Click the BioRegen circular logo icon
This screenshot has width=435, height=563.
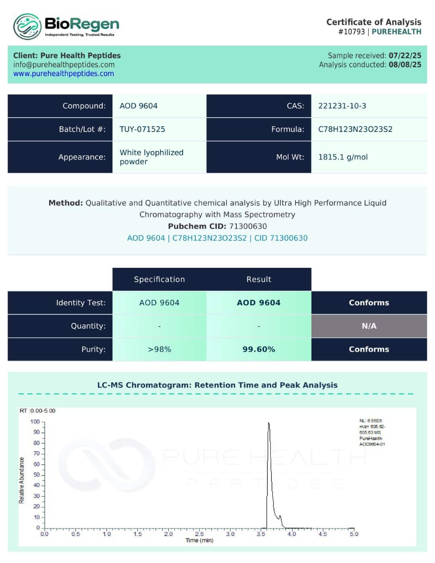pos(27,27)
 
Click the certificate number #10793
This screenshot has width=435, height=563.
pos(351,32)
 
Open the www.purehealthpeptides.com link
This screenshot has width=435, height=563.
pos(64,74)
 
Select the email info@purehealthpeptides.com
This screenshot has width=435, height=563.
pos(64,64)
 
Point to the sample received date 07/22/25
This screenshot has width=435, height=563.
pos(405,56)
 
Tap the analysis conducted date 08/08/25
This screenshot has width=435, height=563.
pos(405,64)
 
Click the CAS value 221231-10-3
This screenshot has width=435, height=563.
pos(342,106)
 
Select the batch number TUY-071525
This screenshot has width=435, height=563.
pos(142,129)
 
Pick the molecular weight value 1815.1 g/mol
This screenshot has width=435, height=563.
pos(343,157)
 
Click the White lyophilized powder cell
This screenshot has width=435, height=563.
pos(151,157)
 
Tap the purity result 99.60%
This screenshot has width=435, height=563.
pos(259,349)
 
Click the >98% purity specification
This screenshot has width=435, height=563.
pos(159,349)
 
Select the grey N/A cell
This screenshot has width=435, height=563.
pos(369,326)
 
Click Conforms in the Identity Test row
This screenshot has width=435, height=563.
pos(369,303)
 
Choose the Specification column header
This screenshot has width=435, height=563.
pos(159,279)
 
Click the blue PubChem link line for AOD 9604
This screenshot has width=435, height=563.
pos(217,238)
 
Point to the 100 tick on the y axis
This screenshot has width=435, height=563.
pos(35,422)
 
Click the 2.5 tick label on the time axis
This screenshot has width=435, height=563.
pos(199,534)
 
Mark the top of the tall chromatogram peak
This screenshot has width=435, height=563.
pos(269,423)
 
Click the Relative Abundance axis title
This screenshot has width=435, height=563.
pos(22,480)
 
